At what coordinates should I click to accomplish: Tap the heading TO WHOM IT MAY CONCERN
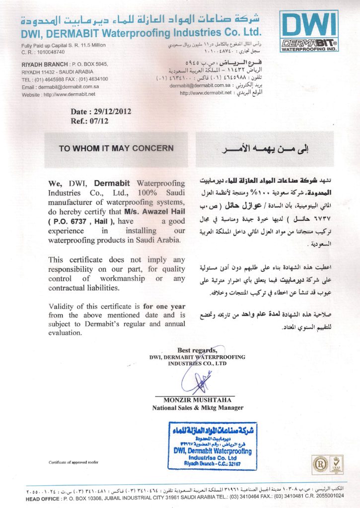pyautogui.click(x=116, y=148)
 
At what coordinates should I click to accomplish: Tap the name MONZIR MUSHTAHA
pyautogui.click(x=199, y=400)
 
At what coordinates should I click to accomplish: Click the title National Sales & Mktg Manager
pyautogui.click(x=198, y=408)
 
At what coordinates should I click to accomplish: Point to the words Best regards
pyautogui.click(x=197, y=349)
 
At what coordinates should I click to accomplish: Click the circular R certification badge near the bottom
pyautogui.click(x=319, y=464)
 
